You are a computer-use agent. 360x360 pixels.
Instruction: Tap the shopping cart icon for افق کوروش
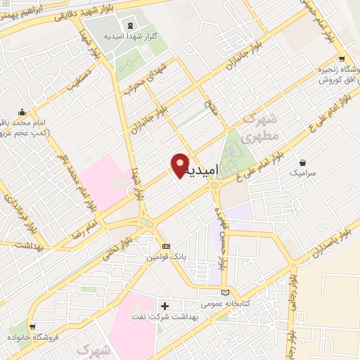click(x=341, y=60)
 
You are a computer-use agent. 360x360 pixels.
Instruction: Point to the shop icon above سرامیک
click(x=303, y=162)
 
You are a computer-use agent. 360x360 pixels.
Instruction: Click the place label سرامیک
click(x=303, y=172)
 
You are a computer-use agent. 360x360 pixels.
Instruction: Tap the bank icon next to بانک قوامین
click(x=166, y=247)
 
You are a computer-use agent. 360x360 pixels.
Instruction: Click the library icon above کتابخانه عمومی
click(x=225, y=292)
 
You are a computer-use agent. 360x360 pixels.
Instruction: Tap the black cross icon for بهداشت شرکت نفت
click(x=165, y=306)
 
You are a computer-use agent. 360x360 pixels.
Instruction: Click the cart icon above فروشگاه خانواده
click(x=33, y=326)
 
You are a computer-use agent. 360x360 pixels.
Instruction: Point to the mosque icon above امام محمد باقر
click(x=22, y=112)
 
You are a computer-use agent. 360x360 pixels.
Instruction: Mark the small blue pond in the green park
click(x=233, y=151)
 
